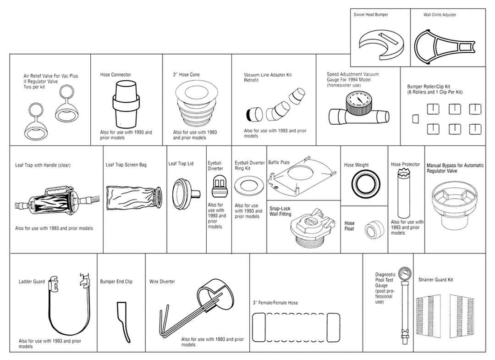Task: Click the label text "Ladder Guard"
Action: tap(32, 282)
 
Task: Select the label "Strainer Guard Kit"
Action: tap(435, 279)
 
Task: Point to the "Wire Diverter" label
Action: tap(162, 282)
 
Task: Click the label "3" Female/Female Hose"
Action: tap(275, 303)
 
